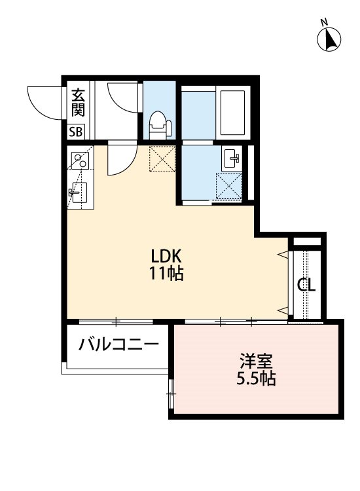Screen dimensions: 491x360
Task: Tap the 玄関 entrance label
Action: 77,102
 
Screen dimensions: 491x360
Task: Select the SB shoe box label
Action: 77,132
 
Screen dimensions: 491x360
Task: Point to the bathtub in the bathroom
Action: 232,113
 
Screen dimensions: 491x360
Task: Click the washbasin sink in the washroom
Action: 232,158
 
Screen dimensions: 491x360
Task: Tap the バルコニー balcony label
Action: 119,344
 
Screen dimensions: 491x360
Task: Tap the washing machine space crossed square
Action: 230,185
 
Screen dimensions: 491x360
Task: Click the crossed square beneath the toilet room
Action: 162,158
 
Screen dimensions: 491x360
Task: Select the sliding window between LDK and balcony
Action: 116,321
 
